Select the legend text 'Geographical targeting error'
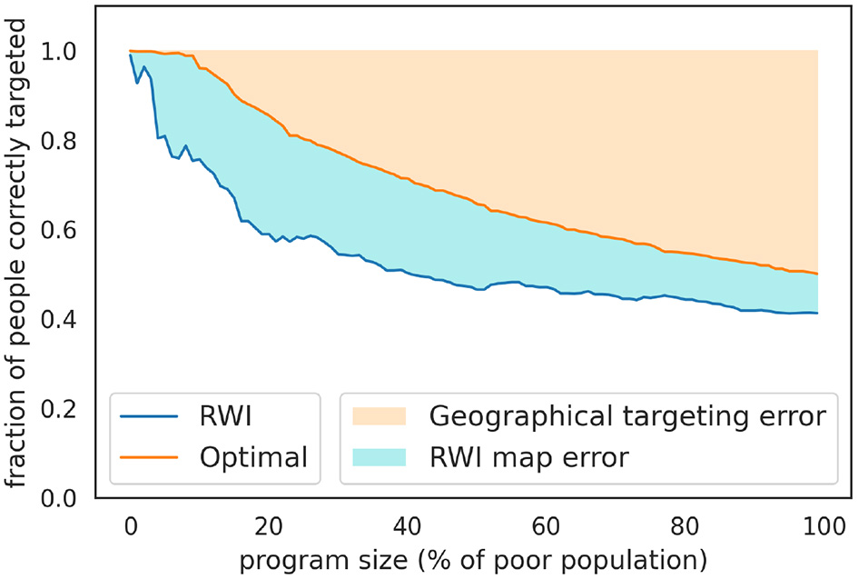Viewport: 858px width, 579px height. coord(626,417)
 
